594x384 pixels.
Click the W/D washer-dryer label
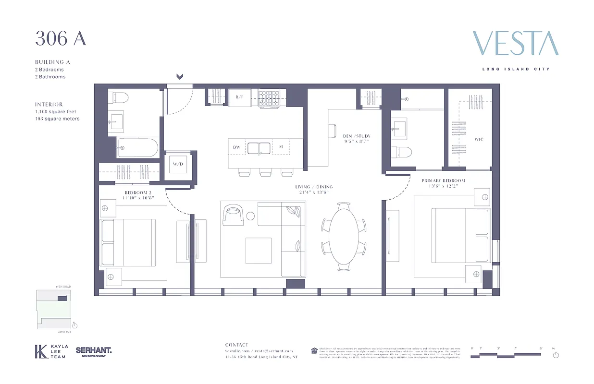tap(178, 164)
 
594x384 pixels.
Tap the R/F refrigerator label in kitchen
tap(239, 97)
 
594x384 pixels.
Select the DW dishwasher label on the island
tap(236, 147)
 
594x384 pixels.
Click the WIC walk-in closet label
tap(479, 139)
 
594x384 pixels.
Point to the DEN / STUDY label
tap(356, 139)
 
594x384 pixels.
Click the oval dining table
tap(344, 236)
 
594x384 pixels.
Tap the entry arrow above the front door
tap(180, 76)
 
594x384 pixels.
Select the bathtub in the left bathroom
tap(137, 148)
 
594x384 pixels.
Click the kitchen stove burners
tap(272, 97)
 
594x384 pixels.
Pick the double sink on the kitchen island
tap(260, 147)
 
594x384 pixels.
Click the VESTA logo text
tap(515, 44)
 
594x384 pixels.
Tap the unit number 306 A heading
tap(61, 39)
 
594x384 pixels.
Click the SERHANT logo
tap(94, 351)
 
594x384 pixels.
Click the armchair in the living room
tap(234, 214)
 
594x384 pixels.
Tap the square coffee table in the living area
tap(258, 250)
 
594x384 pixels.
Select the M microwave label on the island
tap(281, 147)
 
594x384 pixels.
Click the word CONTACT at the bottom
tap(237, 345)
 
